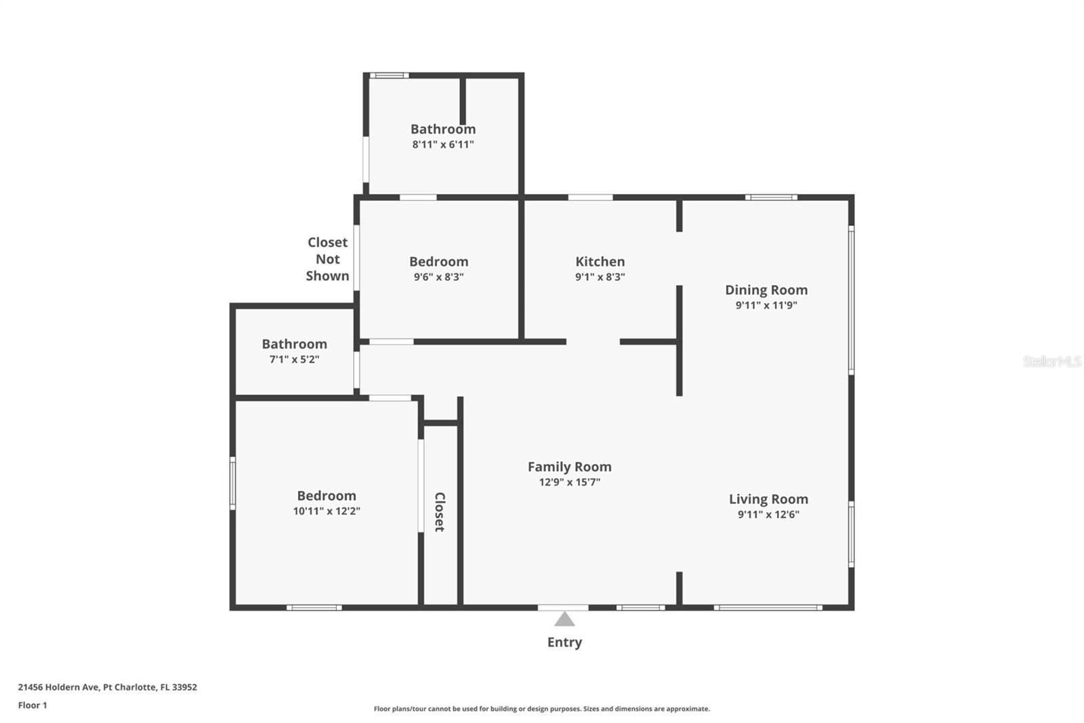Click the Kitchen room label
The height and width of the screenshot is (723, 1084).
(x=600, y=262)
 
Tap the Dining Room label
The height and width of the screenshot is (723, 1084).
(x=766, y=290)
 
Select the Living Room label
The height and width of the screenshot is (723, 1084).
(x=768, y=499)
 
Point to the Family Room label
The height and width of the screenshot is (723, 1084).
(x=570, y=467)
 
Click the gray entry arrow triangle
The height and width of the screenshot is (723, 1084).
(x=564, y=619)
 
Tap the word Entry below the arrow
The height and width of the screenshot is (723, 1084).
(x=564, y=642)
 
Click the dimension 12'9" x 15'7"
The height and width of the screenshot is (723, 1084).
(x=570, y=482)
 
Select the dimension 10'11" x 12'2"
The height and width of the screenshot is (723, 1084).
(x=327, y=511)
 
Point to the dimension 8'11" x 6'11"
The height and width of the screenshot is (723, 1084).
(x=443, y=144)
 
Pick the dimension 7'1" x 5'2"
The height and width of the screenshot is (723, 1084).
(x=294, y=359)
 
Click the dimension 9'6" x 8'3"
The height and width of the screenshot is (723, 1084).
(x=438, y=277)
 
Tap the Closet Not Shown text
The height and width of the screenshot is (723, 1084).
(x=328, y=259)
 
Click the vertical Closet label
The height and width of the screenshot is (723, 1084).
(x=440, y=511)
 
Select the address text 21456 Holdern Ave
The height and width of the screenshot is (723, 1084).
(x=58, y=687)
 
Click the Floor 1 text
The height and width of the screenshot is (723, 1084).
(x=33, y=705)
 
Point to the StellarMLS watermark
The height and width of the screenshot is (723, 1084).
(x=1052, y=361)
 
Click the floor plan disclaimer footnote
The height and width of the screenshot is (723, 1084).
(x=541, y=709)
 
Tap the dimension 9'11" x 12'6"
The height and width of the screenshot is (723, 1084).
(x=768, y=514)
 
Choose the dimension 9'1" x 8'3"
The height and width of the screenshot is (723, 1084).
(x=600, y=277)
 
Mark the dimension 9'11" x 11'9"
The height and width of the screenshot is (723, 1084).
(x=766, y=305)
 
